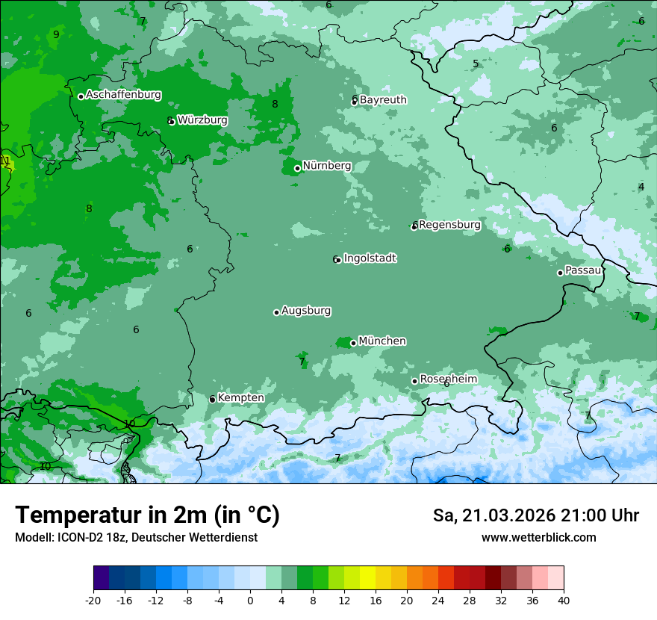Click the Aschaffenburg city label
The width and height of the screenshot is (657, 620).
click(x=123, y=95)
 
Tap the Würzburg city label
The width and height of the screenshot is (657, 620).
click(x=202, y=120)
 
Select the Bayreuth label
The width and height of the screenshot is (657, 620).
click(x=383, y=100)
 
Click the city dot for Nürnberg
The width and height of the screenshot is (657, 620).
click(x=297, y=168)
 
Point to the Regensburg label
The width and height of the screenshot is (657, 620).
click(x=449, y=225)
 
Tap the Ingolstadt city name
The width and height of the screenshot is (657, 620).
click(x=370, y=258)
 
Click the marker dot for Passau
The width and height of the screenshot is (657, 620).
click(x=560, y=273)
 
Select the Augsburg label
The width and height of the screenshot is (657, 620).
click(x=306, y=311)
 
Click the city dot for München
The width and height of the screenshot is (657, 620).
click(x=353, y=344)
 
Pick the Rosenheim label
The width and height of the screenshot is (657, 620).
click(x=448, y=379)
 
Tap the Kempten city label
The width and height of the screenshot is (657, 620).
click(x=240, y=398)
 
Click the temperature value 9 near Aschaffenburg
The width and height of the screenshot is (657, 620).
click(x=56, y=34)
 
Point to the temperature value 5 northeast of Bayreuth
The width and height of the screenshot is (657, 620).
click(x=476, y=63)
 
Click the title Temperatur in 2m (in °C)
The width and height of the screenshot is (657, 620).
click(x=147, y=515)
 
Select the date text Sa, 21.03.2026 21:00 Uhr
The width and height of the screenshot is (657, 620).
click(x=535, y=515)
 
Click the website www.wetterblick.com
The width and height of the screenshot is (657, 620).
click(x=538, y=538)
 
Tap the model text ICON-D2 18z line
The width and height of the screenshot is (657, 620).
click(x=136, y=538)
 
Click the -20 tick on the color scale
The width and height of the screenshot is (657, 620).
click(x=93, y=601)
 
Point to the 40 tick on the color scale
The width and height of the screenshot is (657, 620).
click(x=563, y=601)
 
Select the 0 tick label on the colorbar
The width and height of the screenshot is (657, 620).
click(x=250, y=601)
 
